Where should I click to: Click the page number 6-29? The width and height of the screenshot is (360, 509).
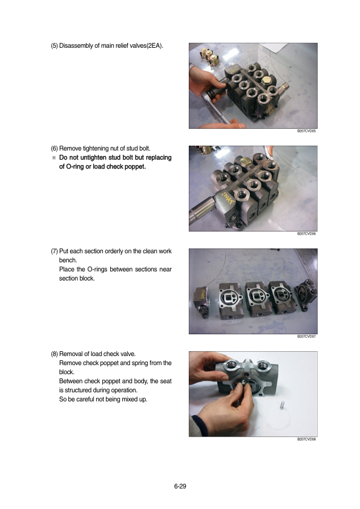tap(180, 486)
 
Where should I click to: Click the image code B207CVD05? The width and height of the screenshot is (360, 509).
tap(306, 131)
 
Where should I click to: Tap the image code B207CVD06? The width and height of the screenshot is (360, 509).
tap(306, 234)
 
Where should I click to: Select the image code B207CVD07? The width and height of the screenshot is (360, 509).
tap(306, 337)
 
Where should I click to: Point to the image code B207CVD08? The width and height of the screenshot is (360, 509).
tap(306, 439)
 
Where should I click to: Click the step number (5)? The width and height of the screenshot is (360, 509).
tap(54, 46)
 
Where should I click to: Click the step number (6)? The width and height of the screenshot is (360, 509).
tap(54, 149)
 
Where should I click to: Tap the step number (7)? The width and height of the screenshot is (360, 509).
tap(54, 251)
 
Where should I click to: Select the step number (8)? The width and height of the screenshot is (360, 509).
tap(54, 354)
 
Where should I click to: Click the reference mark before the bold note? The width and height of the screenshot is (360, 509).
tap(54, 158)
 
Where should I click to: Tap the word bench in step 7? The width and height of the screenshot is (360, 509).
tap(68, 261)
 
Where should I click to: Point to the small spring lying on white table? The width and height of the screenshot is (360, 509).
tap(282, 406)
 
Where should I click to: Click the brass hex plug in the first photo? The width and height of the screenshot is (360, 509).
tap(267, 80)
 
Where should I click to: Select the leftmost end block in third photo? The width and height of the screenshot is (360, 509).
tap(201, 301)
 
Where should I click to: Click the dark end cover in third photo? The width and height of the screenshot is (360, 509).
tap(306, 294)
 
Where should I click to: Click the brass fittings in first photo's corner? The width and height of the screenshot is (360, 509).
tap(209, 57)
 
